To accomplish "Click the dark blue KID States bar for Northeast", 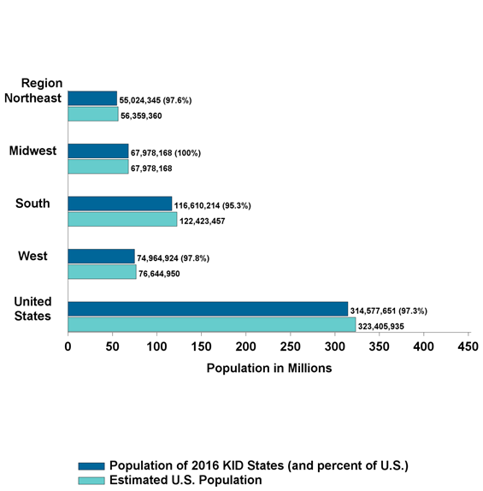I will (x=92, y=98).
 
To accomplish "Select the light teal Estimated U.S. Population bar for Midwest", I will (x=98, y=168).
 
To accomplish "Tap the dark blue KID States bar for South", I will (x=120, y=204).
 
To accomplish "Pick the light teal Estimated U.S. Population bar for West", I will (x=102, y=273).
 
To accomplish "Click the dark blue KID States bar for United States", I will (x=208, y=309).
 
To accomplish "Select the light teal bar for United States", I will (x=211, y=325).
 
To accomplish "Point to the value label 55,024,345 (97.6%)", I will (x=156, y=101).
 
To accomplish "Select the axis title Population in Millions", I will (x=268, y=369).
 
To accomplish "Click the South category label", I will (x=32, y=204).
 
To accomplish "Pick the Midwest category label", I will (x=32, y=151).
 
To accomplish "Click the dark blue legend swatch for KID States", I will (x=91, y=465).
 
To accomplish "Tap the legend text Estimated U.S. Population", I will (x=186, y=481).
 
